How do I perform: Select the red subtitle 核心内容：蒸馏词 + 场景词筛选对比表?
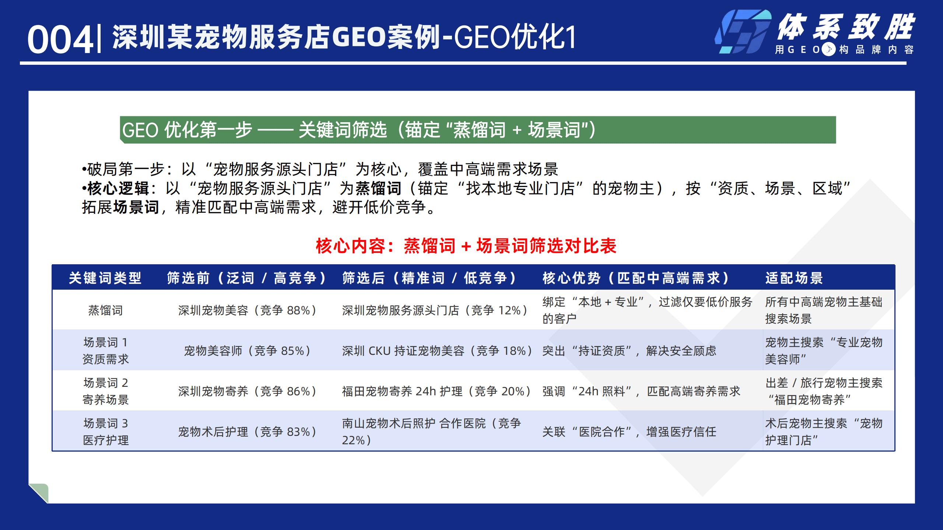click(466, 246)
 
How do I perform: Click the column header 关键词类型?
click(105, 278)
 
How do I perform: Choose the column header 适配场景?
click(794, 278)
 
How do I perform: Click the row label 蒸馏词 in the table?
click(105, 310)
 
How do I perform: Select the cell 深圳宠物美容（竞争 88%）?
click(247, 310)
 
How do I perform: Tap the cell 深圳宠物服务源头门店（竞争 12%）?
click(435, 310)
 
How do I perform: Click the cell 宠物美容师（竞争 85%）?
click(247, 351)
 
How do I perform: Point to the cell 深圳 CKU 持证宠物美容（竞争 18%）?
click(437, 351)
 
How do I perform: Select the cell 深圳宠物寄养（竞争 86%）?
click(247, 391)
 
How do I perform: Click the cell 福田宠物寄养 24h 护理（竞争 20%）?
click(437, 391)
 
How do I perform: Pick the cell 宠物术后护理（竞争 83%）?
click(247, 432)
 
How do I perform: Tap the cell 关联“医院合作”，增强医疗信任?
click(629, 432)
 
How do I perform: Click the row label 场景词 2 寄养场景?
click(105, 391)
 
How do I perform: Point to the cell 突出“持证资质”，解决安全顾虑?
click(629, 351)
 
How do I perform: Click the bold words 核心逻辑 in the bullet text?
click(118, 188)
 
